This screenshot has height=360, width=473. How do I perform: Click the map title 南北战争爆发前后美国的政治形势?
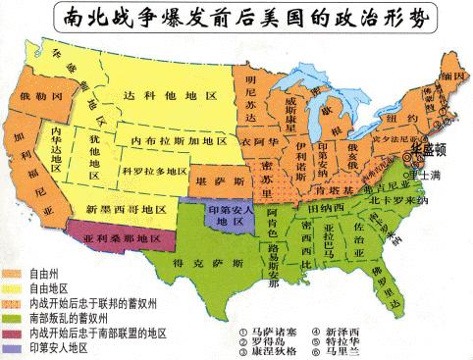(236, 19)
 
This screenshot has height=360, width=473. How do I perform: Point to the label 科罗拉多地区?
(151, 171)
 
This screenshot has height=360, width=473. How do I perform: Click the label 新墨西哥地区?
(119, 209)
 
